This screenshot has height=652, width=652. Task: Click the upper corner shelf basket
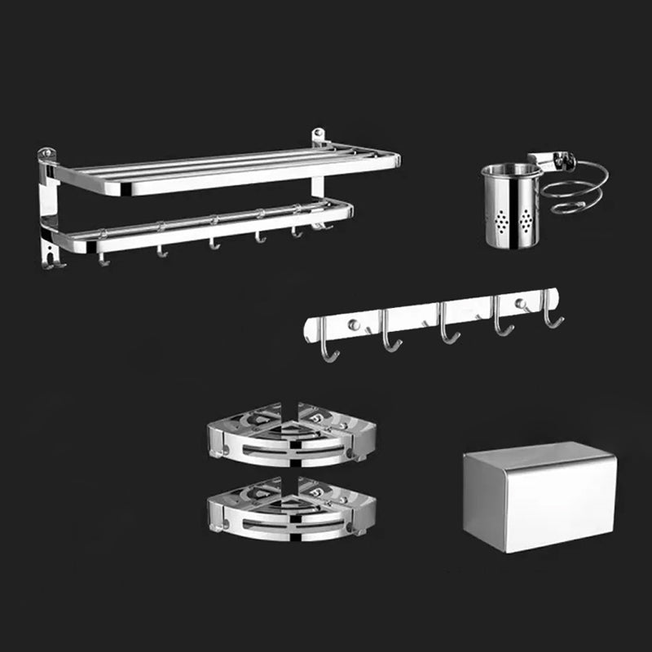point(291,434)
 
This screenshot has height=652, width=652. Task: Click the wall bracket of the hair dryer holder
point(544,160)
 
